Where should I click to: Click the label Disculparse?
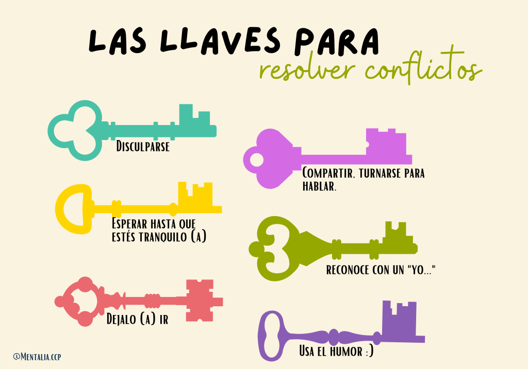pos(143,147)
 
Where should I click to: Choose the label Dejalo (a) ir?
pos(137,319)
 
